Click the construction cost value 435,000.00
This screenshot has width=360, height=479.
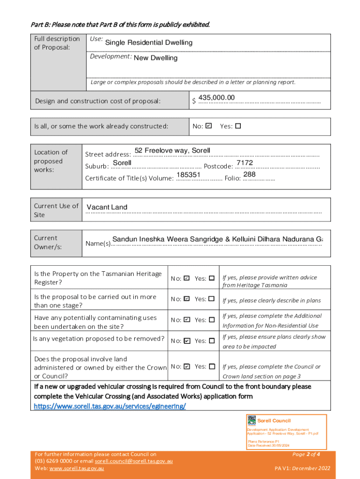coord(216,97)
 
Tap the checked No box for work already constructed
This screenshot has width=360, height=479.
coord(209,126)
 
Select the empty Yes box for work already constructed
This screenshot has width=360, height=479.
coord(238,126)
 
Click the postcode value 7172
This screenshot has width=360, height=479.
coord(245,163)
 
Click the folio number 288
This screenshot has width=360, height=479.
coord(249,174)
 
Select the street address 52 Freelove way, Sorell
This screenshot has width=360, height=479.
coord(173,150)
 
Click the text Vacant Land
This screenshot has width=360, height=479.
coord(107,207)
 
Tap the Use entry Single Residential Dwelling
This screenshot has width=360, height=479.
coord(149,43)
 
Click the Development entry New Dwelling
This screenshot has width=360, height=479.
coord(156,58)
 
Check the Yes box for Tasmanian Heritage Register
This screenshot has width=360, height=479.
coord(211,278)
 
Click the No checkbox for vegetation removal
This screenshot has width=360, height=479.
coord(187,341)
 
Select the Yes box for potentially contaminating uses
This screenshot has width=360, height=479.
coord(211,320)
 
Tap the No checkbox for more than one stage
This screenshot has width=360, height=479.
coord(187,299)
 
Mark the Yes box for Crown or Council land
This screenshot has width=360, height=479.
coord(211,367)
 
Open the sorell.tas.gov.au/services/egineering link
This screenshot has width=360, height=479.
coord(110,406)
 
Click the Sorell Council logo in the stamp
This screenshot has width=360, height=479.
coord(252,420)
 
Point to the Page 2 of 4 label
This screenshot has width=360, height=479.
coord(306,454)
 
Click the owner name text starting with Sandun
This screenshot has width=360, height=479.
coord(217,239)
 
